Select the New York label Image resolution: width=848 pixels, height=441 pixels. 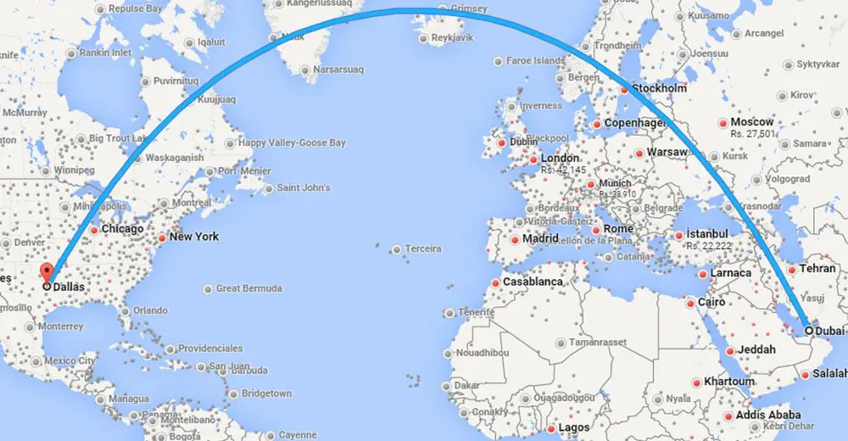[x=194, y=237]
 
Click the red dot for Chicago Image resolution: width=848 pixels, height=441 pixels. [x=94, y=230]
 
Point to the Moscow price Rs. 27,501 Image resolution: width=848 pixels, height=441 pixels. [x=753, y=134]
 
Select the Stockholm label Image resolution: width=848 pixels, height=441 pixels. [x=659, y=88]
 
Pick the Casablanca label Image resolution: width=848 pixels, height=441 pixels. [x=533, y=282]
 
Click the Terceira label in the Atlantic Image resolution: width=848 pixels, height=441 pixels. [x=423, y=248]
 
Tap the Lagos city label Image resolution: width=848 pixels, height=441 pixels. [x=574, y=428]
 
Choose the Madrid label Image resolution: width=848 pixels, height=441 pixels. [x=540, y=239]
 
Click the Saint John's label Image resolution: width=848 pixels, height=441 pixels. [x=304, y=187]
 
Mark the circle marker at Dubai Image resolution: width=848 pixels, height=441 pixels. [x=809, y=331]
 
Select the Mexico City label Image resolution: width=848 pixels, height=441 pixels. [x=70, y=360]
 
